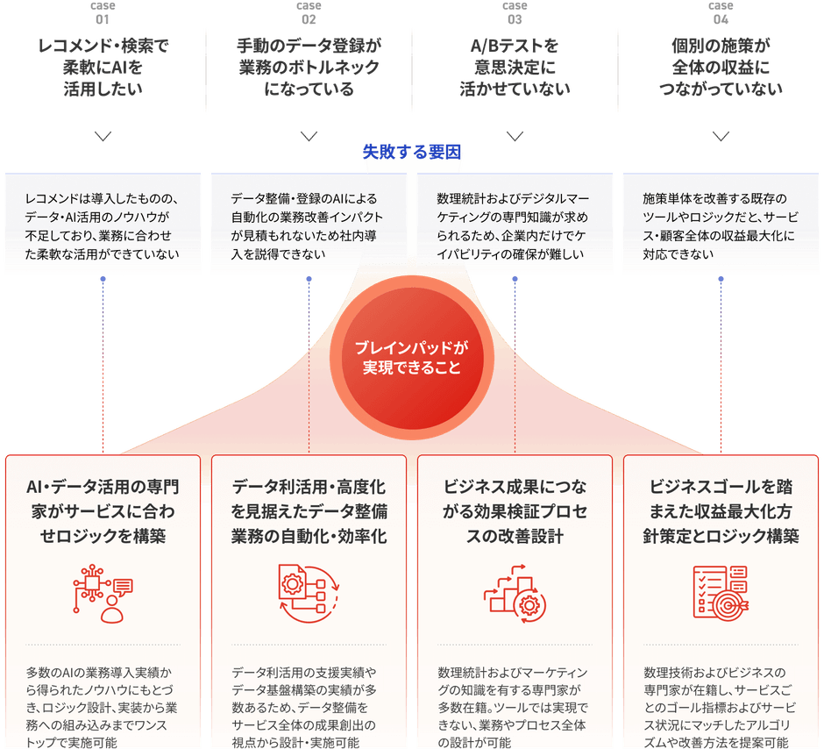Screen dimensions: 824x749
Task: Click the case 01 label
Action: click(103, 12)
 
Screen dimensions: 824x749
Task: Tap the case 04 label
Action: click(721, 12)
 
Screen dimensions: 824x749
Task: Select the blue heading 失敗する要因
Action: click(411, 152)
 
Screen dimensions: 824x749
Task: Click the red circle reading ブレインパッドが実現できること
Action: click(411, 358)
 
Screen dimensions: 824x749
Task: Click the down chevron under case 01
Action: click(103, 137)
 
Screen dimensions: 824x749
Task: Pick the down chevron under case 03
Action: click(515, 137)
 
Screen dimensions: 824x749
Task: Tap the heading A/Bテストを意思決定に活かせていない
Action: click(515, 68)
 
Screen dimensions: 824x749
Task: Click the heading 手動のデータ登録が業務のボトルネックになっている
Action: click(309, 68)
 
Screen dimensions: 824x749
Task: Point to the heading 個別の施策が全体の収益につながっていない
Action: click(721, 68)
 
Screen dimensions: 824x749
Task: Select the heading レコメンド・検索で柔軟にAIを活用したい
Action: click(103, 68)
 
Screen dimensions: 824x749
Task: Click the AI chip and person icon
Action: click(103, 594)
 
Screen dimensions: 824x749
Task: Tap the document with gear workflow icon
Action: click(309, 594)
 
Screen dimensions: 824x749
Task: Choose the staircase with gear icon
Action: click(515, 594)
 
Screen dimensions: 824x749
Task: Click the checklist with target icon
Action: click(721, 592)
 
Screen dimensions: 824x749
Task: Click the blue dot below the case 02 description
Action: click(309, 279)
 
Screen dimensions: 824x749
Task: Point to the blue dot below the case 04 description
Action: click(721, 279)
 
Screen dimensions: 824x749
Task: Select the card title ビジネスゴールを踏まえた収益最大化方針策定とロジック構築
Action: click(721, 511)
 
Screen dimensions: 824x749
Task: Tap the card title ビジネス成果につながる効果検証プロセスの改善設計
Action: click(515, 511)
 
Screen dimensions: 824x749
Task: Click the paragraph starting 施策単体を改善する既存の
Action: click(721, 226)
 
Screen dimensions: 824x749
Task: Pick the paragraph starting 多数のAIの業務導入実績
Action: click(102, 707)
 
